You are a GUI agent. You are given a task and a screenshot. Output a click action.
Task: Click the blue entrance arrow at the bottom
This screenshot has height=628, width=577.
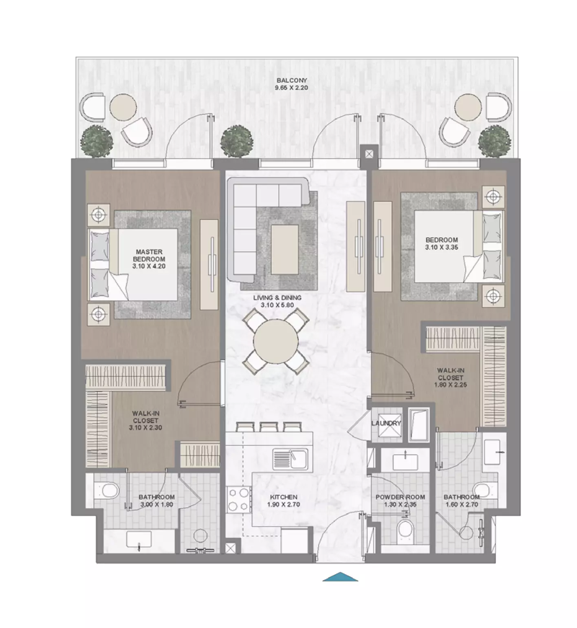point(340,577)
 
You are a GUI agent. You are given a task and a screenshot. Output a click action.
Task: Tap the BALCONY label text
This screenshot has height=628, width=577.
point(291,80)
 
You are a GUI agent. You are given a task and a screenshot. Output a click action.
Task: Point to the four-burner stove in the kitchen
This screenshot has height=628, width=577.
point(238,500)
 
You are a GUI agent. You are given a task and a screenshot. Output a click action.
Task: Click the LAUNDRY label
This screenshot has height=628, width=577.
point(386,423)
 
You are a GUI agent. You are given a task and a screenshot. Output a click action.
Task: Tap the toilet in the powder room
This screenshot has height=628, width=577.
point(405,530)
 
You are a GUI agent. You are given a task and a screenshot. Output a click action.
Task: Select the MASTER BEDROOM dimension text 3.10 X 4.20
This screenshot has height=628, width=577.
point(149,266)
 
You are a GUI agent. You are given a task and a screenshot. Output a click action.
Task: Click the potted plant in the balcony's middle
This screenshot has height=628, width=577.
point(237,141)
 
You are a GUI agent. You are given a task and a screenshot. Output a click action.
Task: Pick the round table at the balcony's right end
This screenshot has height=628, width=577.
point(467,107)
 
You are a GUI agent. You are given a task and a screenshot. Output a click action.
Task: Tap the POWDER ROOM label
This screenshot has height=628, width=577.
point(400,497)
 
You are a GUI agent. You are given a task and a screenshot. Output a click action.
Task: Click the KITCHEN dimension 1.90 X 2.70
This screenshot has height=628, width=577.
point(284,504)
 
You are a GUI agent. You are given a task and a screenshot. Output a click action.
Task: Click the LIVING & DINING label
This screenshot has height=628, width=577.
point(277,298)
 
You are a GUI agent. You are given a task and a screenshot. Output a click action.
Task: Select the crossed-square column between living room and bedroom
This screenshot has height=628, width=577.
point(369,154)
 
